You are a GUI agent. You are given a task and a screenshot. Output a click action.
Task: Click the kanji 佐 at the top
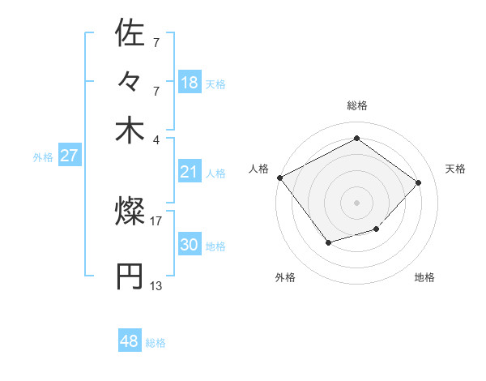coord(130,34)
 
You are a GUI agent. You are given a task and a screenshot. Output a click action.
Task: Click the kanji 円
coord(130,276)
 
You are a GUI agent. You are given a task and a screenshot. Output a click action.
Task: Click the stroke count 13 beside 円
coord(156,285)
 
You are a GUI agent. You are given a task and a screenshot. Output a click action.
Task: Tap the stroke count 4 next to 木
coord(156,139)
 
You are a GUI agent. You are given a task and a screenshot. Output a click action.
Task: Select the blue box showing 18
coord(189,82)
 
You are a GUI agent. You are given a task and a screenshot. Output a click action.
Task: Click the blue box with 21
coord(189,171)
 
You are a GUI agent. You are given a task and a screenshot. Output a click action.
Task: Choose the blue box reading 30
coord(189,244)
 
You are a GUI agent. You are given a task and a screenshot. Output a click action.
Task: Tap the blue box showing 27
coord(69,156)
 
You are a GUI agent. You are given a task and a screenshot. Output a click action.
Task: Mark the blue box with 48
coord(129,341)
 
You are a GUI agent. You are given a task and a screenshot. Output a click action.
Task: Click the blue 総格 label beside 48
coord(156,343)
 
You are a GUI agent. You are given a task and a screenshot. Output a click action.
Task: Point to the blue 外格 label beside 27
coord(43,157)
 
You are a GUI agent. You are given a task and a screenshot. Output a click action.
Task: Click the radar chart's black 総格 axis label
coord(356,105)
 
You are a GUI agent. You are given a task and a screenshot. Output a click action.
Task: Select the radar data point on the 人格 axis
coord(280,178)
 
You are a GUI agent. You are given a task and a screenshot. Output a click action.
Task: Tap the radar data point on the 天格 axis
coord(418,182)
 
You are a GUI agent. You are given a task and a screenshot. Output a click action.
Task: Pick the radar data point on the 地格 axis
coord(377,230)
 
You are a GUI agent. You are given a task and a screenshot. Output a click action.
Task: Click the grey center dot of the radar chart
coord(356,202)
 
